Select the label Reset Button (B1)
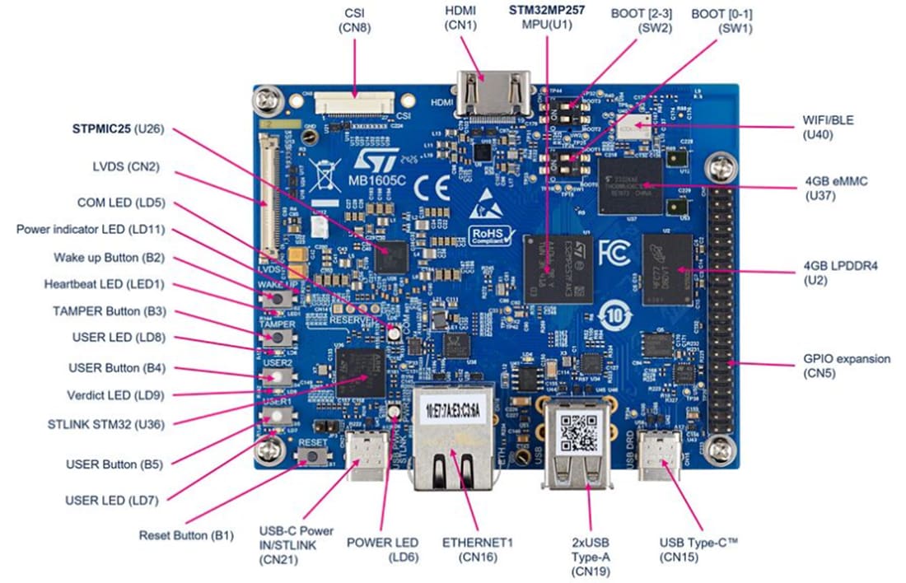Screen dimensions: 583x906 click(x=186, y=536)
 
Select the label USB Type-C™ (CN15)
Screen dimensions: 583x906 click(x=698, y=550)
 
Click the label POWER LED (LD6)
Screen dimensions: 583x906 click(x=382, y=550)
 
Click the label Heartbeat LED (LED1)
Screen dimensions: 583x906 click(x=105, y=284)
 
